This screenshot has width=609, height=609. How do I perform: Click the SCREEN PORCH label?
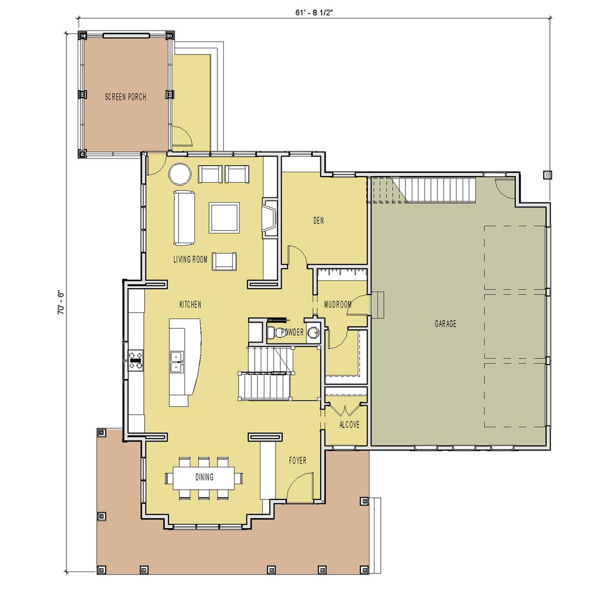(x=125, y=97)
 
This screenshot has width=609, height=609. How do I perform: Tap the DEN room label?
(x=318, y=220)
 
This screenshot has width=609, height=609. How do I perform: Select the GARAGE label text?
(x=445, y=324)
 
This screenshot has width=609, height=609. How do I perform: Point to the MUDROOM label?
(x=338, y=304)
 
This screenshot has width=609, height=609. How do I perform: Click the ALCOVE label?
(x=349, y=424)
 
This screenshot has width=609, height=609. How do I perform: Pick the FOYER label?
(x=297, y=460)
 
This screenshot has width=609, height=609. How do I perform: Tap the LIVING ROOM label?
(x=190, y=259)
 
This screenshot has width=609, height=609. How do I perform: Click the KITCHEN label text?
(x=190, y=304)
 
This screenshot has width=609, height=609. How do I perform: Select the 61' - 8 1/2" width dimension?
(x=314, y=13)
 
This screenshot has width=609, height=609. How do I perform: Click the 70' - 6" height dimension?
(x=60, y=303)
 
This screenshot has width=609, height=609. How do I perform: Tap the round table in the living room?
(x=180, y=174)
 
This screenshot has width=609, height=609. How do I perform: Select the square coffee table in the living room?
(x=224, y=217)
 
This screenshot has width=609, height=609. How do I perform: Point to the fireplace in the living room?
(x=269, y=218)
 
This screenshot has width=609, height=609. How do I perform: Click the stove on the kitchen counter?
(x=136, y=360)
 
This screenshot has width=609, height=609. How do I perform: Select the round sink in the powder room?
(x=314, y=332)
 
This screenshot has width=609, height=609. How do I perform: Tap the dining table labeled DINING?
(x=204, y=477)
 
